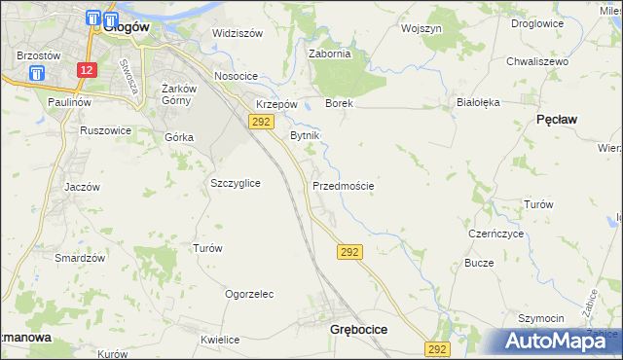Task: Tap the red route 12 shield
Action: [88, 70]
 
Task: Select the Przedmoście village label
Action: [344, 185]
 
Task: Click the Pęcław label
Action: [557, 119]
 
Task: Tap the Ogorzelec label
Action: [249, 293]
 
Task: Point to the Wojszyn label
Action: [421, 29]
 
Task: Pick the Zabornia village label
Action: [329, 54]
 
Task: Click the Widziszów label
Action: [238, 33]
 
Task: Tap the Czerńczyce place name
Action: [496, 234]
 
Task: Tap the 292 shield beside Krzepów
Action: [260, 121]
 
